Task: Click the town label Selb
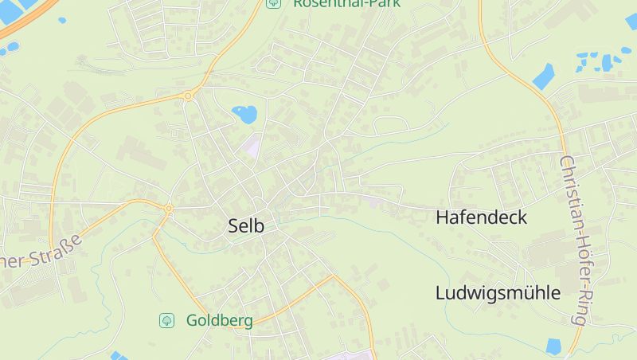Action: click(x=245, y=225)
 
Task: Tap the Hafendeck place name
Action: click(x=481, y=217)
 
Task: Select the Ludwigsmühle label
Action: click(x=498, y=292)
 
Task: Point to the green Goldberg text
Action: click(x=219, y=321)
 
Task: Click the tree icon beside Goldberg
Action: click(x=166, y=320)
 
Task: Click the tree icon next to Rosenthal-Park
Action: click(x=273, y=3)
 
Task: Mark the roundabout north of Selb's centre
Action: click(x=188, y=96)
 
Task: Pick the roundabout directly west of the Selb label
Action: click(x=169, y=209)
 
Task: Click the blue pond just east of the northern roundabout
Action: click(x=244, y=114)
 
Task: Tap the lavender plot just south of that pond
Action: click(x=252, y=147)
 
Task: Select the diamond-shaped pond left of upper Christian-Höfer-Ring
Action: click(x=544, y=76)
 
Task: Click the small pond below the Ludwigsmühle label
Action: click(x=553, y=346)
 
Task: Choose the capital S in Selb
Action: click(x=233, y=225)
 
